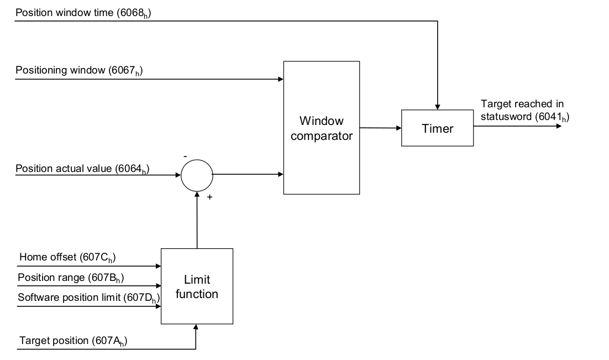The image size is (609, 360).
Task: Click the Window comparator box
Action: pos(321,128)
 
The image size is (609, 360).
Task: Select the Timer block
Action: pos(437,128)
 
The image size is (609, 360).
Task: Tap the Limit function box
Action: pos(197,286)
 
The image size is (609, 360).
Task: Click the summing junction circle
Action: pos(197,175)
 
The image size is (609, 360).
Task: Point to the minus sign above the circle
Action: pos(185,157)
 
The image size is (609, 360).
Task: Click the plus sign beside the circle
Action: pos(209,197)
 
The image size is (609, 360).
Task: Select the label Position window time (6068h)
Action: pos(83,13)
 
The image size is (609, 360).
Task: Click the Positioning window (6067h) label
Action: pos(79,71)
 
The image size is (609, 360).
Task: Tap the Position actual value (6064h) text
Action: pos(82,168)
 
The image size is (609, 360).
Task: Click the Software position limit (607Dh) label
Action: pos(88,298)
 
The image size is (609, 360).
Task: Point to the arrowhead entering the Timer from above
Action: pos(437,106)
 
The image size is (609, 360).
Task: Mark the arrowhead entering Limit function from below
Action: pos(196,327)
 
